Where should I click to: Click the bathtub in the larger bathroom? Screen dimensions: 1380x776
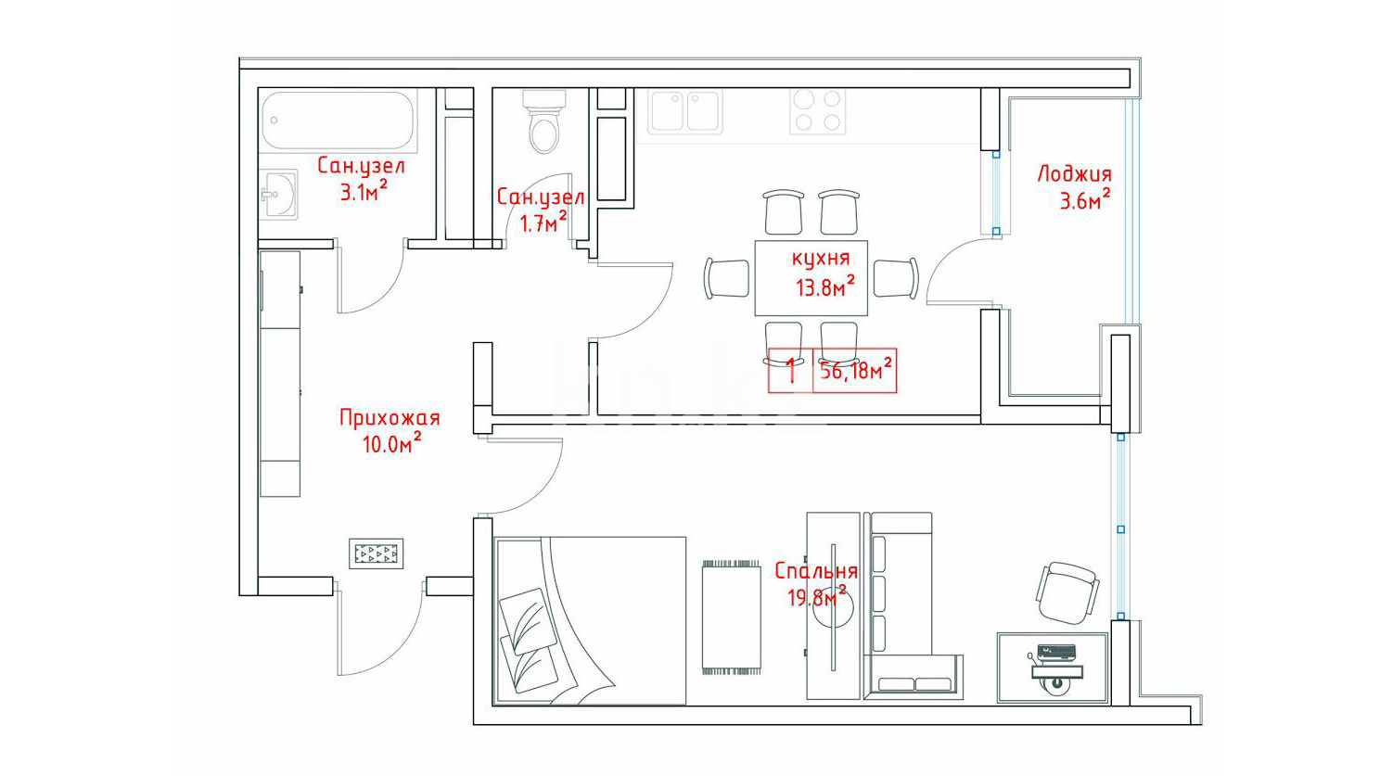point(338,121)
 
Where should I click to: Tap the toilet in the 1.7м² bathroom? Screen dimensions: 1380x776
point(544,121)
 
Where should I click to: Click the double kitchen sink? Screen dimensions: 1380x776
point(684,111)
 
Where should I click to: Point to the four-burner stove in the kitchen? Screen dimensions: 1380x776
point(818,111)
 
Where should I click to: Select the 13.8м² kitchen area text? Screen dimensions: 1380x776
point(824,287)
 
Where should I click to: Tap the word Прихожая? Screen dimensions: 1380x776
point(390,418)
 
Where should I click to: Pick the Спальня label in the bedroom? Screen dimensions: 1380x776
point(816,571)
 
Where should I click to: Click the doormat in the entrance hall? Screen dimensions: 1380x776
point(377,553)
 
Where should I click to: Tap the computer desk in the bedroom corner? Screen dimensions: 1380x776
point(1053,668)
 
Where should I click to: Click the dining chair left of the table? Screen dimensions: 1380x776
point(727,278)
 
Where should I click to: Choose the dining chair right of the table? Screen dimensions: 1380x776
point(897,278)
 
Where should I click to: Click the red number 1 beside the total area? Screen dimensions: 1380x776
point(792,371)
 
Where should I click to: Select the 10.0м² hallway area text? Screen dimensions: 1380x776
point(391,443)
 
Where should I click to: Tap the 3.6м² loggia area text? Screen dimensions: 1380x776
point(1085,200)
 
